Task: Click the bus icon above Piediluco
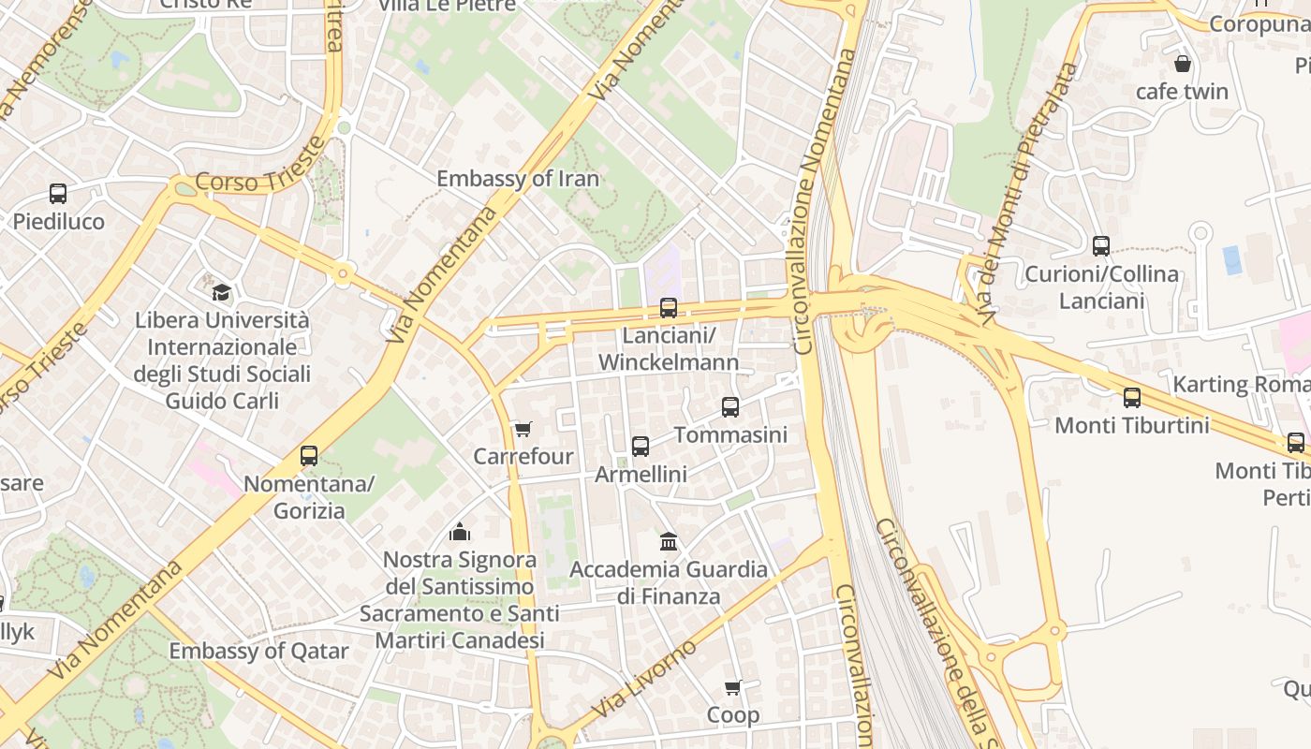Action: pyautogui.click(x=58, y=194)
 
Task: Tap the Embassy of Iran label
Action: pyautogui.click(x=518, y=179)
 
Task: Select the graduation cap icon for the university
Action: pyautogui.click(x=221, y=292)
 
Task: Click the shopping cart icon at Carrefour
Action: pyautogui.click(x=523, y=430)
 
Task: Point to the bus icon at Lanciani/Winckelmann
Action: pyautogui.click(x=669, y=307)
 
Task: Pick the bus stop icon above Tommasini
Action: pyautogui.click(x=730, y=407)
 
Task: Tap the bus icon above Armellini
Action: pyautogui.click(x=641, y=447)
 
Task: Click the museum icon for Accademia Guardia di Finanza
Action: pyautogui.click(x=669, y=541)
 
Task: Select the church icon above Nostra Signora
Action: pyautogui.click(x=460, y=533)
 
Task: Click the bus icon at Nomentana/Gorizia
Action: pyautogui.click(x=309, y=456)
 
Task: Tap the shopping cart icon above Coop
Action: pyautogui.click(x=733, y=688)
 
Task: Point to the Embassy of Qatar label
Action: pyautogui.click(x=258, y=651)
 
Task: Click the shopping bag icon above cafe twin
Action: pyautogui.click(x=1183, y=64)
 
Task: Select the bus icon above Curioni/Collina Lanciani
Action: pyautogui.click(x=1101, y=246)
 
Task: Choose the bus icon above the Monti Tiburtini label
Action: pyautogui.click(x=1132, y=398)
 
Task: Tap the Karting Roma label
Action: pyautogui.click(x=1241, y=384)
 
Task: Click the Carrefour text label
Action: pyautogui.click(x=523, y=457)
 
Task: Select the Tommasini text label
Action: pyautogui.click(x=730, y=435)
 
